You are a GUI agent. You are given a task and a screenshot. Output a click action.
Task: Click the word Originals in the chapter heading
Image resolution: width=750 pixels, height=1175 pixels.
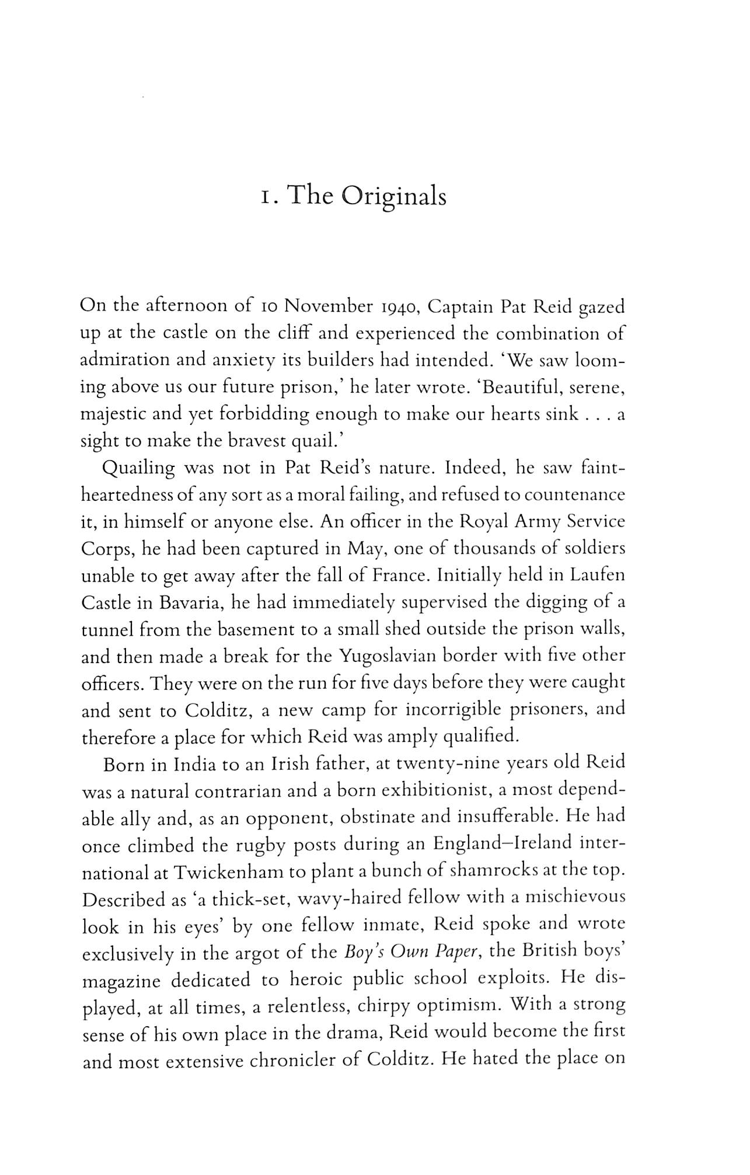(x=393, y=197)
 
